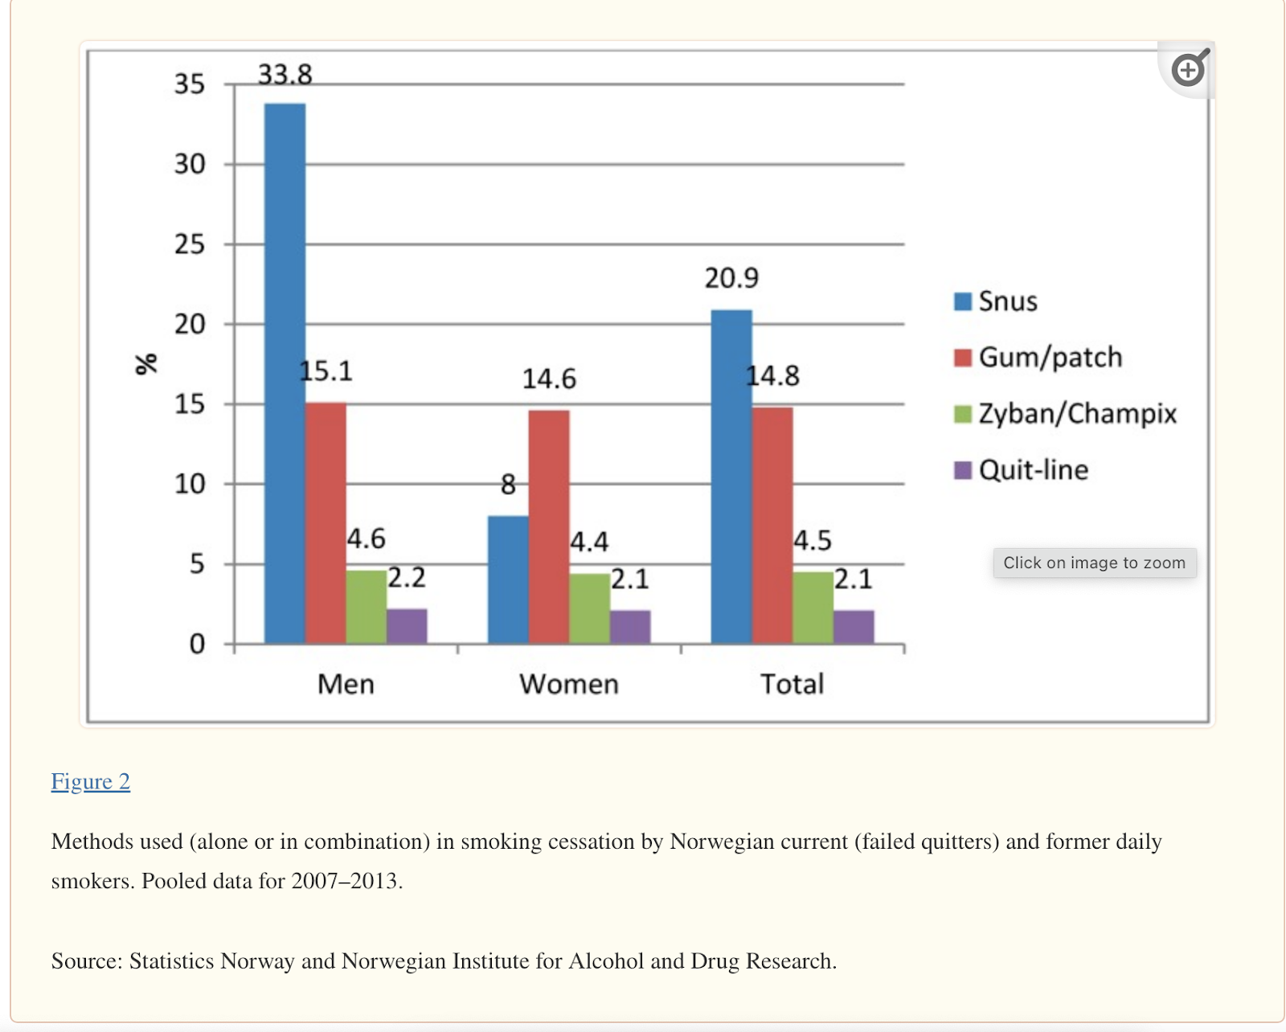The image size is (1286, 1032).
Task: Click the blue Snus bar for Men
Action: tap(285, 374)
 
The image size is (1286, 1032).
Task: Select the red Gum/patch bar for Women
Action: tap(549, 526)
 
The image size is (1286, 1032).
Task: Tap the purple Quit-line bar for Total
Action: tap(854, 627)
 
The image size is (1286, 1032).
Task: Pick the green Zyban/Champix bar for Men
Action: tap(367, 607)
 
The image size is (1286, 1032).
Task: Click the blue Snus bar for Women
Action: tap(508, 579)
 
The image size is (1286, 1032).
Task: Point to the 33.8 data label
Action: tap(285, 75)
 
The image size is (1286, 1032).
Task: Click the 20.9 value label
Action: tap(731, 278)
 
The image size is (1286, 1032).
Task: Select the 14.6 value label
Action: tap(549, 379)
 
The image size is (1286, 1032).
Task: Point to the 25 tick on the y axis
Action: tap(190, 244)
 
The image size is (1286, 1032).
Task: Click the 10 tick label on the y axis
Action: tap(190, 484)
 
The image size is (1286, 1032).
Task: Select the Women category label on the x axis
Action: tap(569, 684)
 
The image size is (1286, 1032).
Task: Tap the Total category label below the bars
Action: tap(792, 684)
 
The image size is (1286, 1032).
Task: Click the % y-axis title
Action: tap(146, 363)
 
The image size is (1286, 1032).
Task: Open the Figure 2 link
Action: tap(91, 781)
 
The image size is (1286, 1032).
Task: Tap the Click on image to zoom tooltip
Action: tap(1094, 563)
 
